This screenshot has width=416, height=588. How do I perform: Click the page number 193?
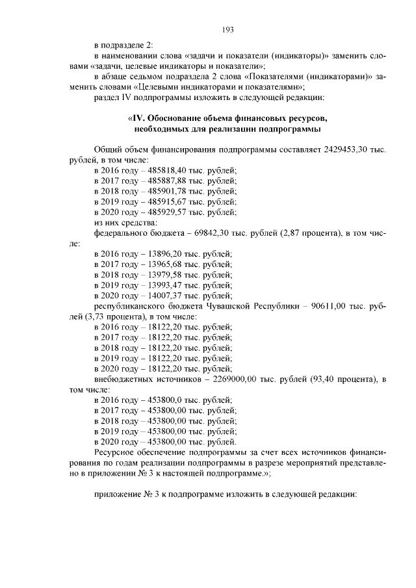pos(227,29)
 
